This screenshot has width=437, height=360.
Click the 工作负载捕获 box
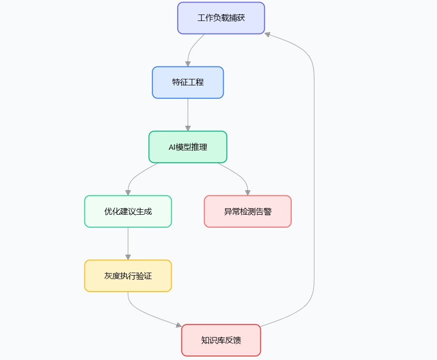[x=221, y=18]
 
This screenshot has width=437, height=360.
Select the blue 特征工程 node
[x=188, y=82]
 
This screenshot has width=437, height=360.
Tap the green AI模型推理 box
[x=188, y=147]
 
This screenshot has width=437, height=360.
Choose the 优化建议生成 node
[x=128, y=211]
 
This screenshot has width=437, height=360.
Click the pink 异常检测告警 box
[x=248, y=211]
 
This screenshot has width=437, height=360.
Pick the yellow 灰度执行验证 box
[x=128, y=276]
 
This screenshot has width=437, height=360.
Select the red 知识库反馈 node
[x=221, y=340]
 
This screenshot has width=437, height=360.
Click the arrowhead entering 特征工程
[x=188, y=63]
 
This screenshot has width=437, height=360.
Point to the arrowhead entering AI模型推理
[x=188, y=128]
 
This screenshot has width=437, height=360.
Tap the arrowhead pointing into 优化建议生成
[x=128, y=192]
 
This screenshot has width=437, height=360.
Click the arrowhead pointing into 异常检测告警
[x=248, y=192]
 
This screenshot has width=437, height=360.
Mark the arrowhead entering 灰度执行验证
[x=128, y=257]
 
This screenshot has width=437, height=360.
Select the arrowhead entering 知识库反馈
[x=178, y=326]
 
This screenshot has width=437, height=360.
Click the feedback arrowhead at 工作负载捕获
[x=268, y=34]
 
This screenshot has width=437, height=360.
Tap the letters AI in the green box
[x=172, y=147]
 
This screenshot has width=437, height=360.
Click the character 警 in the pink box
[x=268, y=212]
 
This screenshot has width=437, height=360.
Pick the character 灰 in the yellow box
[x=108, y=276]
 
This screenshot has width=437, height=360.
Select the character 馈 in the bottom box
[x=237, y=341]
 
